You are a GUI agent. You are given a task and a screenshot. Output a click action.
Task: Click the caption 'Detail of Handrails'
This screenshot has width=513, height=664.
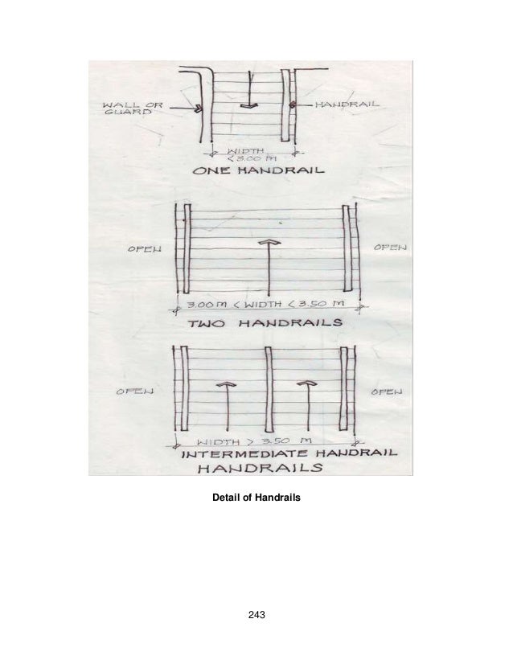pos(256,499)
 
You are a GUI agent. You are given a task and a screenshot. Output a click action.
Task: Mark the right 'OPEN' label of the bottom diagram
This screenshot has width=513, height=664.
pos(388,391)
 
